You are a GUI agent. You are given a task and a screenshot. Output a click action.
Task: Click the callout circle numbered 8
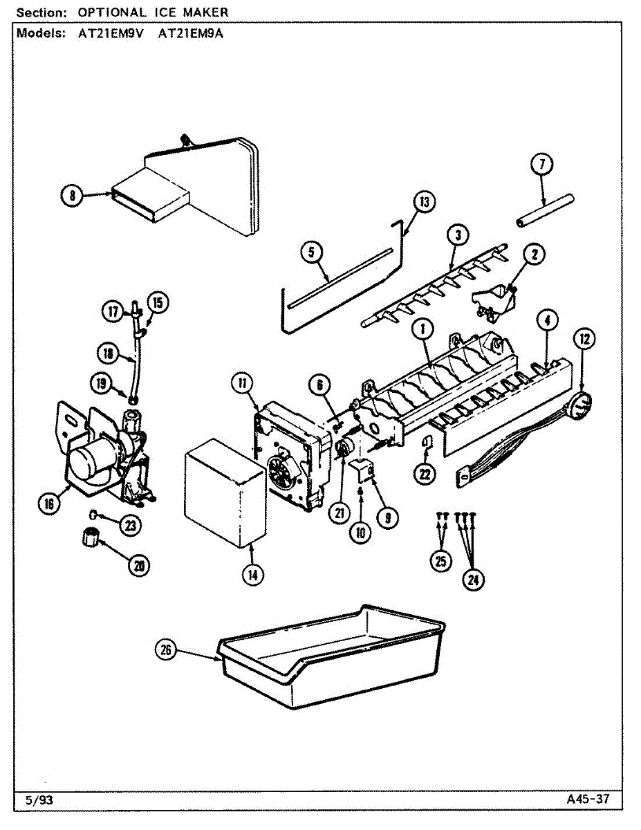[72, 195]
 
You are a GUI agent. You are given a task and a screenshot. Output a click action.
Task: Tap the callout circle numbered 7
[541, 165]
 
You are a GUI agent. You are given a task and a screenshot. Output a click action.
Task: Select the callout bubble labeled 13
[425, 202]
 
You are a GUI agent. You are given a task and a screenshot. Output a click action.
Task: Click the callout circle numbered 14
[252, 575]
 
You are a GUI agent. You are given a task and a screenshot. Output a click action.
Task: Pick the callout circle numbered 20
[139, 565]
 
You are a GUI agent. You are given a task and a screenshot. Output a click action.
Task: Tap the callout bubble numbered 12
[584, 339]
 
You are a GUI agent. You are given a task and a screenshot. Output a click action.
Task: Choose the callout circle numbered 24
[473, 580]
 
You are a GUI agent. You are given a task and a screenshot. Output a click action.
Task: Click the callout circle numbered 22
[425, 474]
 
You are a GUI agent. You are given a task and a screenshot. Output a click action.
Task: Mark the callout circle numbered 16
[49, 504]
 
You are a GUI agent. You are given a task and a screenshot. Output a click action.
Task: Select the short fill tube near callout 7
[545, 211]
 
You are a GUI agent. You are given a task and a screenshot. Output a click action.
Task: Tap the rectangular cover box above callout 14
[225, 493]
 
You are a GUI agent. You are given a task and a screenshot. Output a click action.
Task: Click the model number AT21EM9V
[111, 34]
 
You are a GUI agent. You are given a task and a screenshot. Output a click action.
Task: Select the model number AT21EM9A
[191, 34]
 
